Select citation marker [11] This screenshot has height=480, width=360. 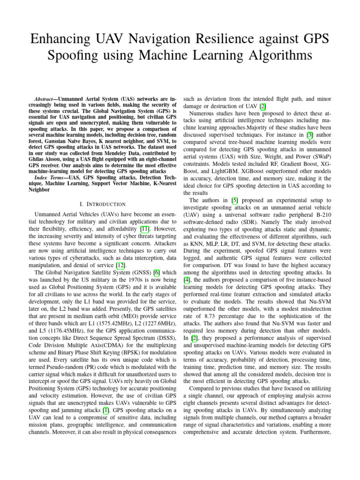coord(147,229)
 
